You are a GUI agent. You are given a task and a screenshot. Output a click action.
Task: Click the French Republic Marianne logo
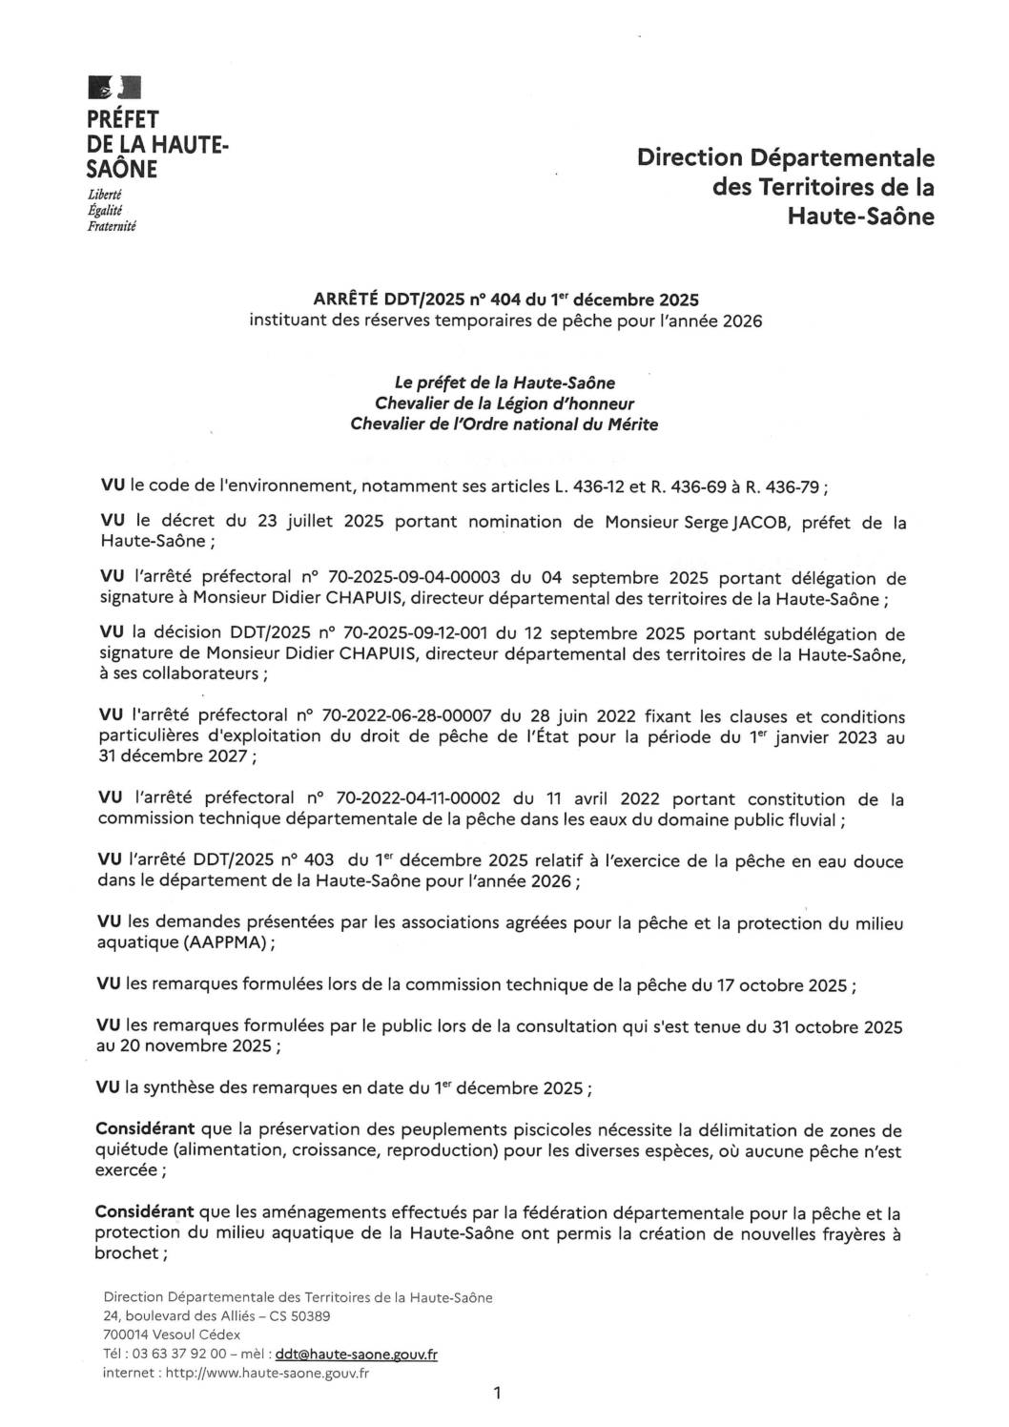point(113,89)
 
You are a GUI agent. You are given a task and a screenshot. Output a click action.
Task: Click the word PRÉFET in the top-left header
point(123,120)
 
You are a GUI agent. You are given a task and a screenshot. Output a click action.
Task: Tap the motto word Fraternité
point(112,226)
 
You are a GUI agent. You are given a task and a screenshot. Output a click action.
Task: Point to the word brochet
point(127,1253)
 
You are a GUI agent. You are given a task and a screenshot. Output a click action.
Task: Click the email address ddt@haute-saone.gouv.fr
point(356,1354)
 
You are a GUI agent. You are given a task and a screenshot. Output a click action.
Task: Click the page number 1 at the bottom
point(497,1394)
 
